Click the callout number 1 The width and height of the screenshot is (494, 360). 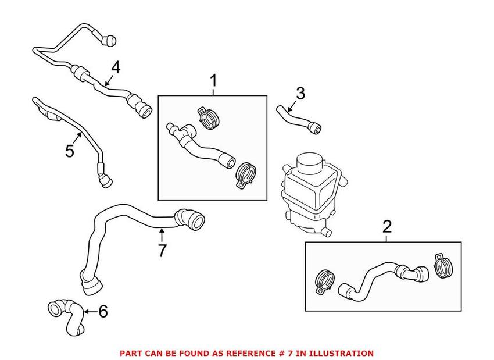[x=214, y=81]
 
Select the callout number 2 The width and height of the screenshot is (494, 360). [x=387, y=227]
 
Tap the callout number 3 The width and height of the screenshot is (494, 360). [x=300, y=94]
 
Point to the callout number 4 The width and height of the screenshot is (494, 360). [x=116, y=67]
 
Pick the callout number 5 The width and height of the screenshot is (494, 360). [x=69, y=151]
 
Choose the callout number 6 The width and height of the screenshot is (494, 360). [x=103, y=312]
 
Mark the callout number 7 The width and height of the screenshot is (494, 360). [x=162, y=251]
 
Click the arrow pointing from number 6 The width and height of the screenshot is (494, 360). [x=91, y=312]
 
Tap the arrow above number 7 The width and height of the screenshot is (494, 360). [x=162, y=235]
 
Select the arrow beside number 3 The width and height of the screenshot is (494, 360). [x=292, y=106]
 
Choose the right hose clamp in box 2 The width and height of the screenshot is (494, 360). [x=443, y=265]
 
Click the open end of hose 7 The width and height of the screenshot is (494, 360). [x=197, y=220]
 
